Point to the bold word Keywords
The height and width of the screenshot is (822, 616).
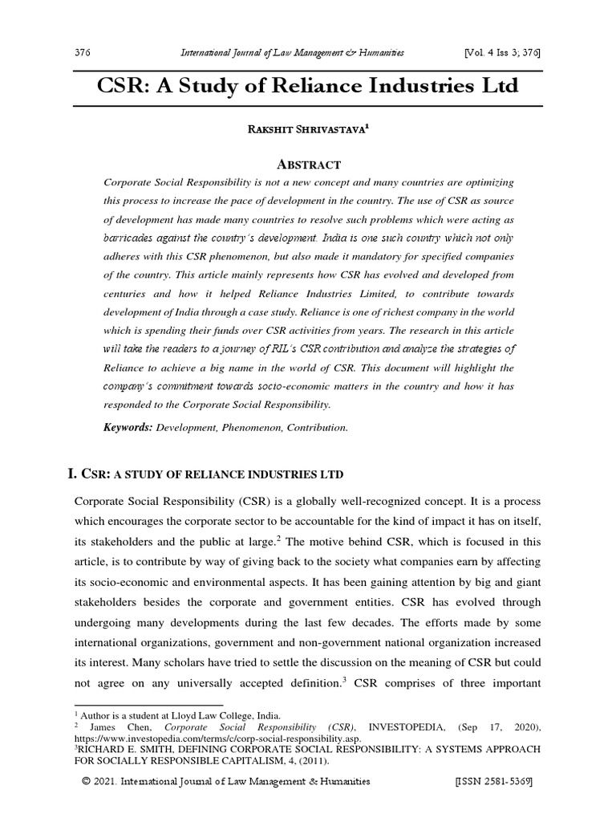pos(128,428)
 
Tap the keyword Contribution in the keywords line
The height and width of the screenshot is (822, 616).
pos(318,428)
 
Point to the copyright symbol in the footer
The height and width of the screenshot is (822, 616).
pos(85,782)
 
